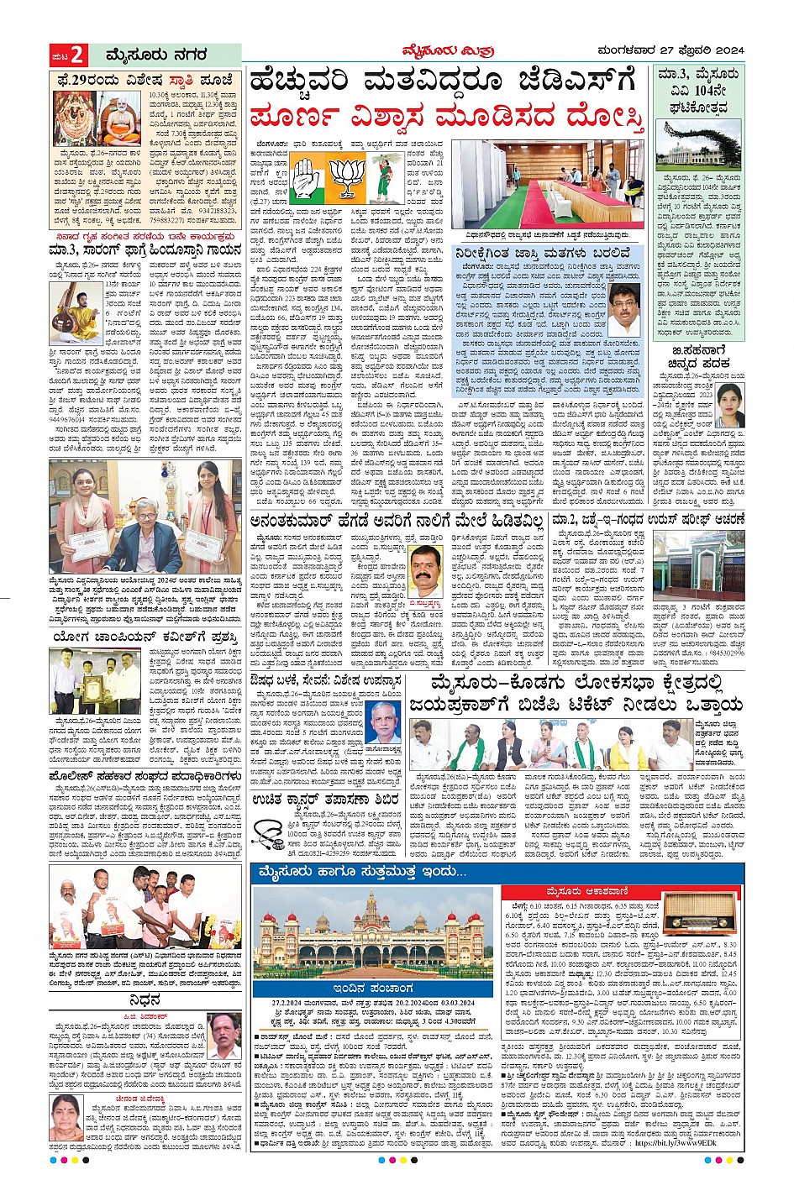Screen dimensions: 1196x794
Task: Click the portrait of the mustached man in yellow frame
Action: click(x=425, y=570)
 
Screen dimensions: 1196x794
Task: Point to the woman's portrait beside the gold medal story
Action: click(x=729, y=407)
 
